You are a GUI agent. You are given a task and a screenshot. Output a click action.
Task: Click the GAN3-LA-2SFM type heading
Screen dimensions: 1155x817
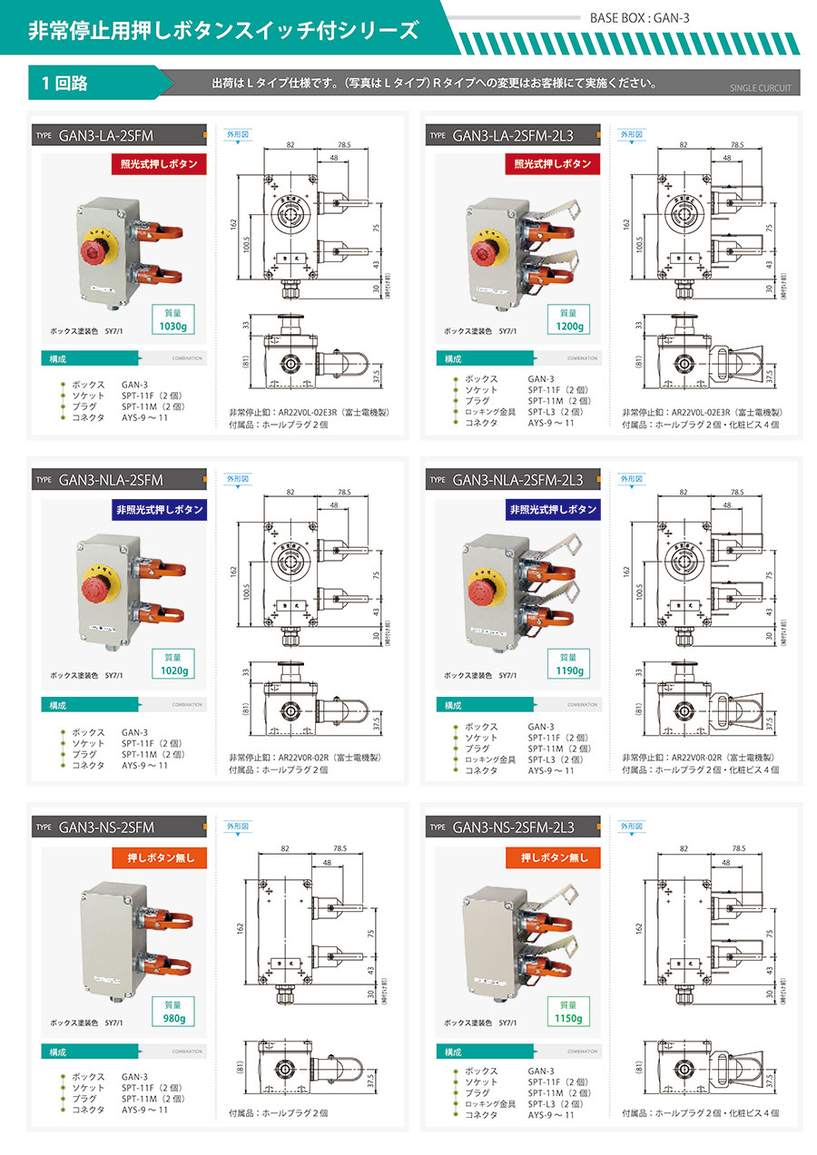(x=105, y=137)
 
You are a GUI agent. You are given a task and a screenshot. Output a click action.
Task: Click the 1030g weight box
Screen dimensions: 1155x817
(x=172, y=318)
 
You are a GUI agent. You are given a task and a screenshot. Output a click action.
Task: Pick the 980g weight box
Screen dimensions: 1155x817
(x=173, y=1012)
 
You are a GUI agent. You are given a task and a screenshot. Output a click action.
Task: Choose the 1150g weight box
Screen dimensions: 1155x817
(x=567, y=1012)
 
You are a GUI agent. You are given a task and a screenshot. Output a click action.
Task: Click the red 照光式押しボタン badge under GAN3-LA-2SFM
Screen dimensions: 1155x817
(x=159, y=164)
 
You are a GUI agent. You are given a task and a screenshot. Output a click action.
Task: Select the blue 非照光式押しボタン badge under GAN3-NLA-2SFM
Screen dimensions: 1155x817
(x=159, y=509)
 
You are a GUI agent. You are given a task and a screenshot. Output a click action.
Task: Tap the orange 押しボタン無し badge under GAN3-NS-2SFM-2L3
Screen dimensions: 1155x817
(x=554, y=856)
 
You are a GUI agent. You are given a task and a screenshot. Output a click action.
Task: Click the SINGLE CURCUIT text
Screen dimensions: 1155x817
(x=760, y=89)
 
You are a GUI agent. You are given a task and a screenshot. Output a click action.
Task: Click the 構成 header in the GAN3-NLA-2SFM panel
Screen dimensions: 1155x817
(x=58, y=704)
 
